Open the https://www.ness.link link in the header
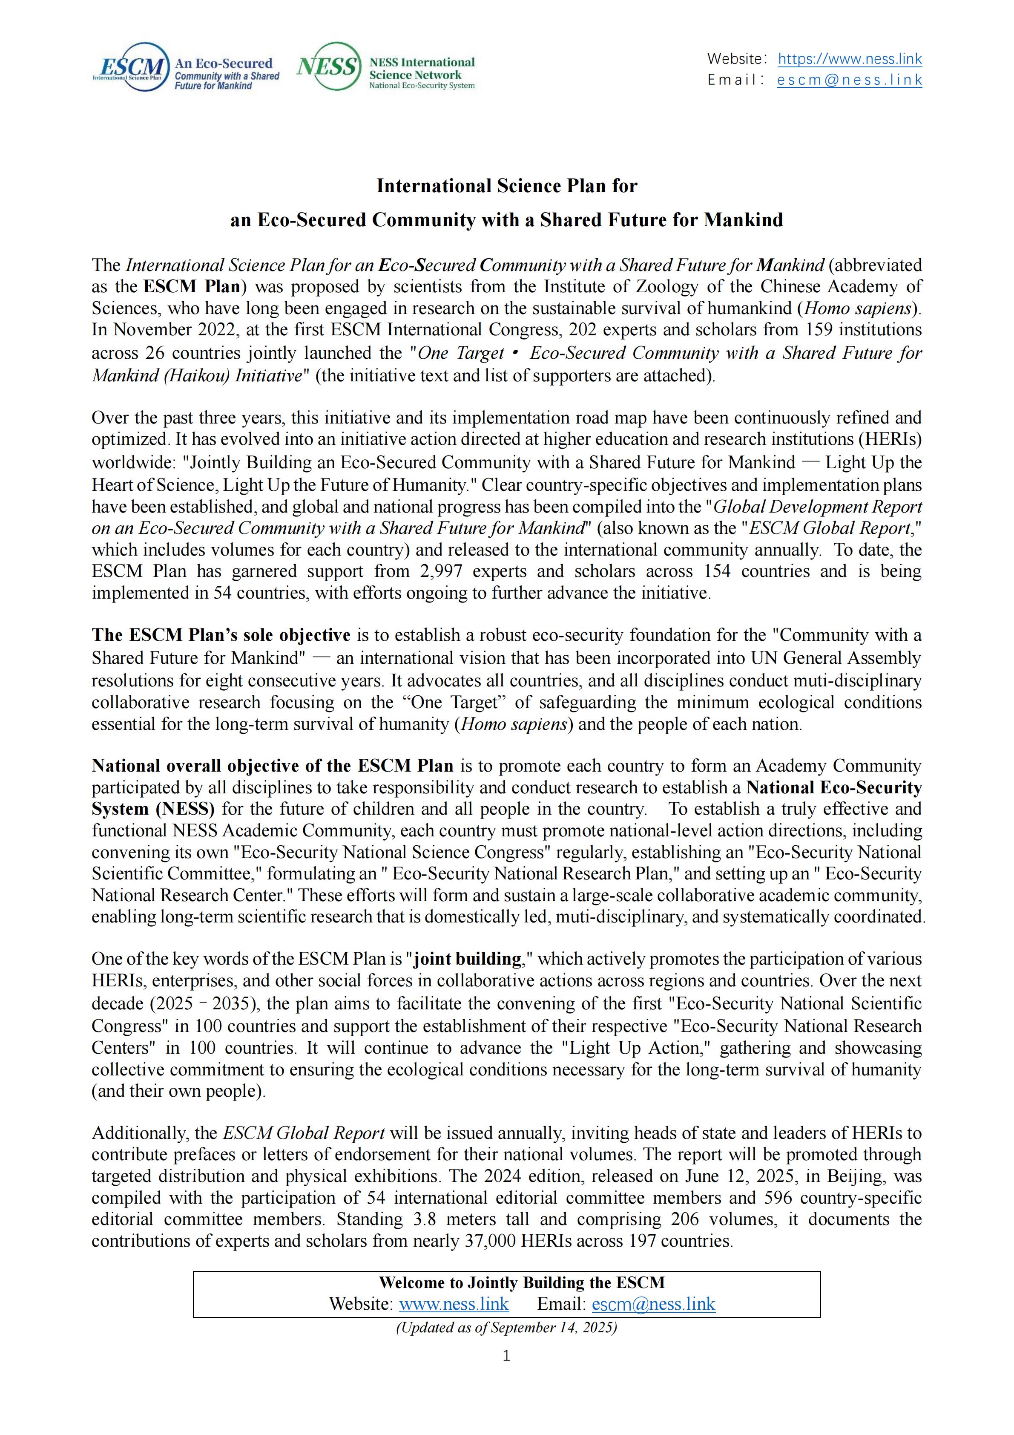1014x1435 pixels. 850,59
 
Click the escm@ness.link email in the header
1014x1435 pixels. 850,80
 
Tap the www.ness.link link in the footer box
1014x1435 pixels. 454,1304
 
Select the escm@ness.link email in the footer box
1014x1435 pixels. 654,1304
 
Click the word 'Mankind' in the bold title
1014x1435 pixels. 743,220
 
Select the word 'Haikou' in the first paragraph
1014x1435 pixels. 198,376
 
